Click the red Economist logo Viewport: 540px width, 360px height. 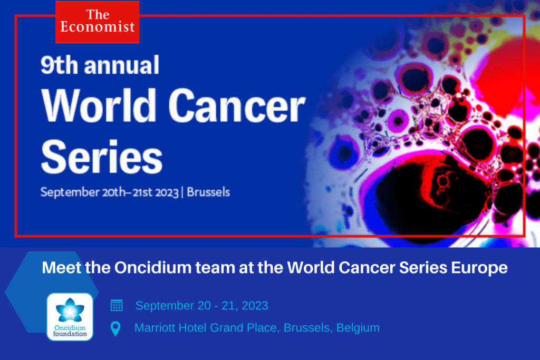coord(98,22)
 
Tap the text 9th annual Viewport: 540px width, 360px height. coord(100,65)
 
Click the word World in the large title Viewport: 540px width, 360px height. coord(98,105)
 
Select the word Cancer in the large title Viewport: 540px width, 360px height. coord(237,105)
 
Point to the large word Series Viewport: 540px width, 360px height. coord(102,157)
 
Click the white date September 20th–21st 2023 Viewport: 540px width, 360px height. coord(110,192)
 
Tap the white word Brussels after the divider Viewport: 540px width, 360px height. coord(208,192)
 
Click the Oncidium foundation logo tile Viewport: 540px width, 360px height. coord(70,317)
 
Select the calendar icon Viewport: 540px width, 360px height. coord(117,305)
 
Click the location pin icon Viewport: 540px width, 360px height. coord(115,328)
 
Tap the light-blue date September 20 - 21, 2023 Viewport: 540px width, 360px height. coord(202,306)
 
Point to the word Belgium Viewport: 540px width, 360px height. coord(358,328)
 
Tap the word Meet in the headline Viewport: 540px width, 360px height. coord(61,267)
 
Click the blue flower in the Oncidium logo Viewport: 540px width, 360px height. coord(70,310)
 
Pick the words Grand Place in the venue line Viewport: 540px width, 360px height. coord(244,328)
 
